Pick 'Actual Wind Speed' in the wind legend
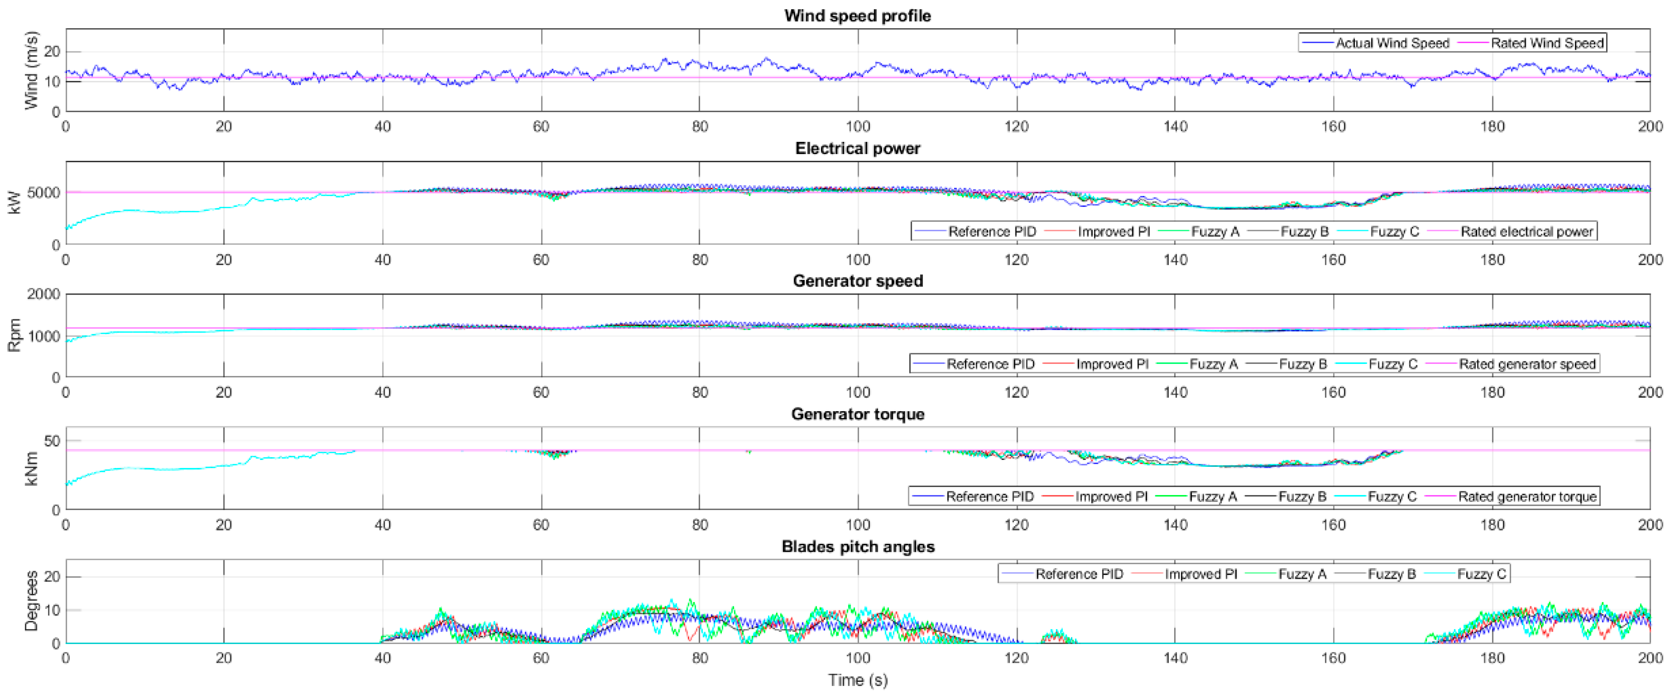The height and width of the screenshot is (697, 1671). pyautogui.click(x=1391, y=43)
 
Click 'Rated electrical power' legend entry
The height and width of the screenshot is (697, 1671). pyautogui.click(x=1526, y=231)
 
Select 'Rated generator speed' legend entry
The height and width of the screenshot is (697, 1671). pyautogui.click(x=1526, y=364)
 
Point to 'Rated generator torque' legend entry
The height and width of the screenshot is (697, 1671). pyautogui.click(x=1526, y=497)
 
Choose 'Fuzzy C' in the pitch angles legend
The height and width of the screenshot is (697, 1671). pyautogui.click(x=1481, y=574)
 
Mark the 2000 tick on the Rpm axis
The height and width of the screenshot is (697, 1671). pyautogui.click(x=43, y=294)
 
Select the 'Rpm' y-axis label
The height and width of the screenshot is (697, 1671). pyautogui.click(x=14, y=335)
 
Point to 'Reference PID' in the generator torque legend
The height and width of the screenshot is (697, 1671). pyautogui.click(x=989, y=497)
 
